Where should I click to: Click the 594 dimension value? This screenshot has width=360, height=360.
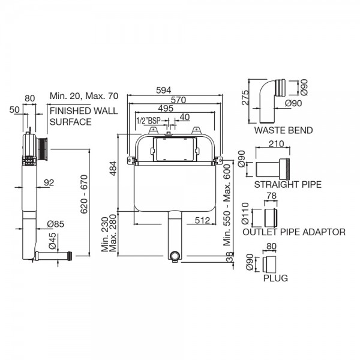coord(163,90)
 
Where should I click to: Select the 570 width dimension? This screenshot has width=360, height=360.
coord(178,100)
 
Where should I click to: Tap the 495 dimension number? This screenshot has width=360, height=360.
coord(166,109)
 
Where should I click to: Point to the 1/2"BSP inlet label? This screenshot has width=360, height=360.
coord(148,121)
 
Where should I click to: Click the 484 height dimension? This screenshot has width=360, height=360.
coord(113,169)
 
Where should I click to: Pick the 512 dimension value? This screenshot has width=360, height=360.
coord(202,220)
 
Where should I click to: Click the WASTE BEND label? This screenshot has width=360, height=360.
coord(283,130)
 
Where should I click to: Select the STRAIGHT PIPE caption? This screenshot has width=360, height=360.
coord(287,185)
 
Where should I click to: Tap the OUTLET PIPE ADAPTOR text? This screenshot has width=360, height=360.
coord(294,232)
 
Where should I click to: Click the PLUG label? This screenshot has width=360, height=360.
coord(275,278)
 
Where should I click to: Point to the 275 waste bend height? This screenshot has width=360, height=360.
coord(245,98)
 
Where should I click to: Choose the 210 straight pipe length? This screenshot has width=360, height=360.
coord(276,144)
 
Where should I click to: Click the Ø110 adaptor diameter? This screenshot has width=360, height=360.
coord(245,213)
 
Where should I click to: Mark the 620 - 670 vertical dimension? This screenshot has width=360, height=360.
coord(84,194)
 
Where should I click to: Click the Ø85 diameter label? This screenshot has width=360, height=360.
coord(56,224)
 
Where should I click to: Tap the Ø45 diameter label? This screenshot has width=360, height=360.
coord(52,241)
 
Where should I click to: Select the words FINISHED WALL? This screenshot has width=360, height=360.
coord(84,111)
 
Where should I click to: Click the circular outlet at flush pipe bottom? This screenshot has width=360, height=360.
coord(175,256)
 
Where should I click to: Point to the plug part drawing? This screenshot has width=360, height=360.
coord(269,265)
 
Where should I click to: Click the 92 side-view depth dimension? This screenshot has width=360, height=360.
coord(49,183)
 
